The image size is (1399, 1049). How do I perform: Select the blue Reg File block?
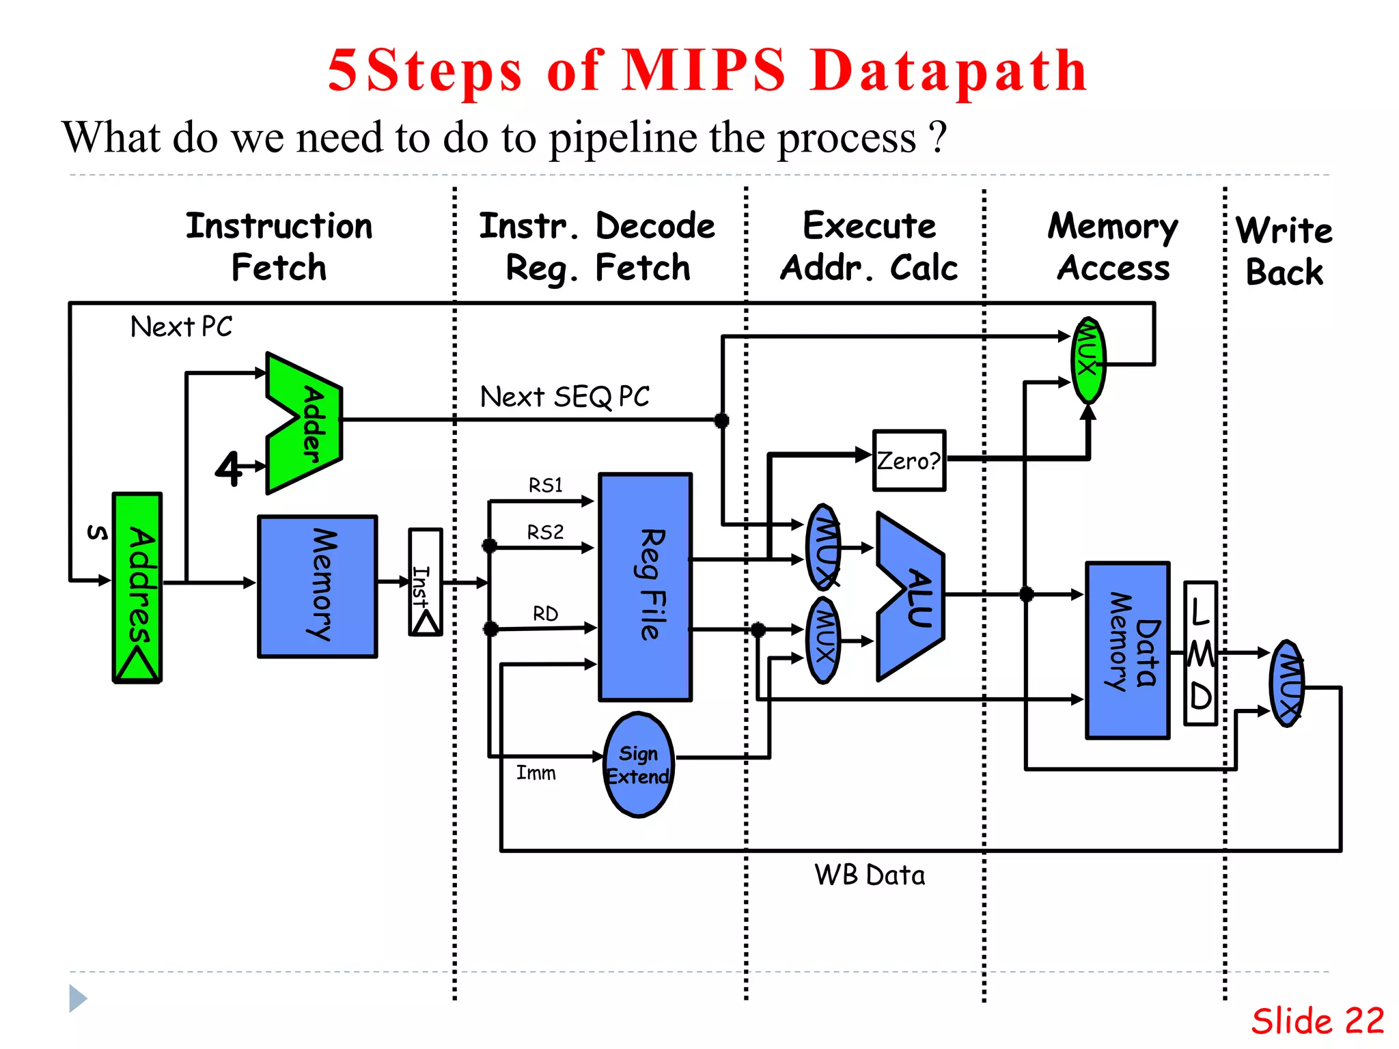(x=645, y=587)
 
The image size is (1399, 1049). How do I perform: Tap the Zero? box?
(x=909, y=460)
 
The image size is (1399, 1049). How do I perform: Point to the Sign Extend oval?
(x=639, y=765)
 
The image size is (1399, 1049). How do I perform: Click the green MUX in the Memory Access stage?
(x=1088, y=360)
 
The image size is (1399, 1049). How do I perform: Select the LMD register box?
(x=1200, y=653)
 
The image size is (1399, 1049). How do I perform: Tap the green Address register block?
(x=137, y=587)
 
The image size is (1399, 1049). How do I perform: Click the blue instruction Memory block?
(x=318, y=587)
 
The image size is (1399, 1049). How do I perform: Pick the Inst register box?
(x=425, y=582)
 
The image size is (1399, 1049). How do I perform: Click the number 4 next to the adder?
(x=229, y=468)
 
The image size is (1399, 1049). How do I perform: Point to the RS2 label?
(x=545, y=532)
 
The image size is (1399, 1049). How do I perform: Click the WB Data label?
(x=869, y=875)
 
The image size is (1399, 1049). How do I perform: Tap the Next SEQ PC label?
(x=564, y=397)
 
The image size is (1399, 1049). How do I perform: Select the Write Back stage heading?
(x=1284, y=251)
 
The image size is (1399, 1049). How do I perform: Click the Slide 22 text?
(x=1317, y=1021)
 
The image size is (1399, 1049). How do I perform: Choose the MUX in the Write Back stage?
(x=1288, y=683)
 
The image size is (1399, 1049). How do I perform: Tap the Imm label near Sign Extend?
(x=536, y=773)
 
